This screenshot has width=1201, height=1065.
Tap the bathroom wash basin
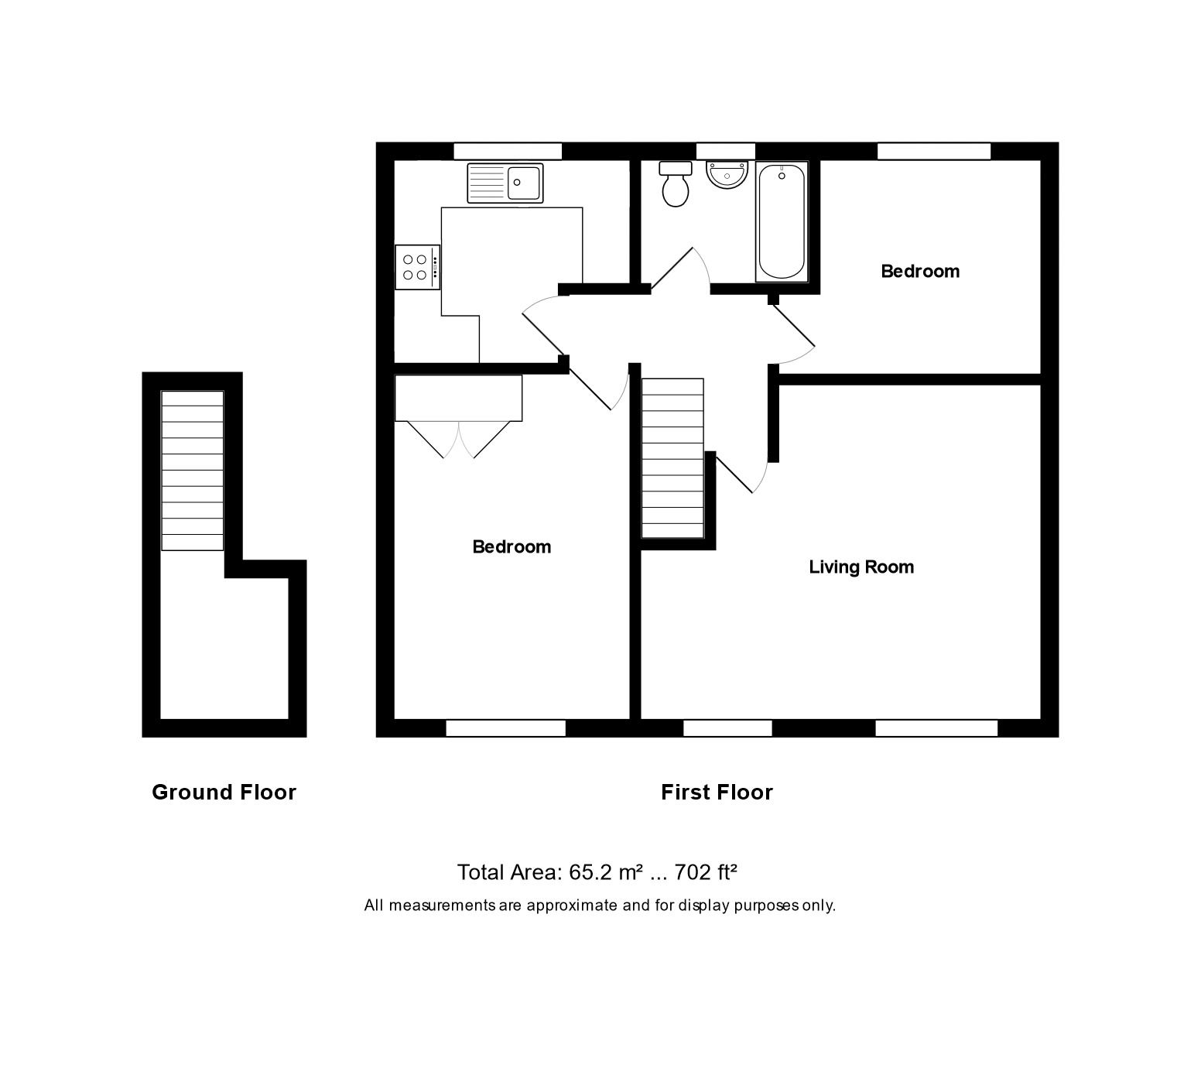click(727, 174)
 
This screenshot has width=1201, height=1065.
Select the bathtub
click(782, 221)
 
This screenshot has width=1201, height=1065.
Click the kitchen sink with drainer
click(505, 183)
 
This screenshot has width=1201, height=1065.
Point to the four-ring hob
click(416, 267)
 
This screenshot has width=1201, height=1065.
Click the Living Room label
click(861, 567)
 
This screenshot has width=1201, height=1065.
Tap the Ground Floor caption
click(224, 793)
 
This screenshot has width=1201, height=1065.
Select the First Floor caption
click(717, 793)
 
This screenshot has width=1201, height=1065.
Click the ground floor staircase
click(192, 471)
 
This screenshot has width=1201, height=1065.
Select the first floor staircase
click(672, 458)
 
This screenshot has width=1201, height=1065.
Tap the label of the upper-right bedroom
click(920, 272)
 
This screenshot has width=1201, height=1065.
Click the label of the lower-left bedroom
click(512, 547)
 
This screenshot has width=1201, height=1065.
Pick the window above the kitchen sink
click(508, 151)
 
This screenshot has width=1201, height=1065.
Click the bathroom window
click(725, 151)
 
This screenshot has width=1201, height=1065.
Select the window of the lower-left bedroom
click(506, 728)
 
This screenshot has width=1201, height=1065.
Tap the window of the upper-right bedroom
click(934, 151)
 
